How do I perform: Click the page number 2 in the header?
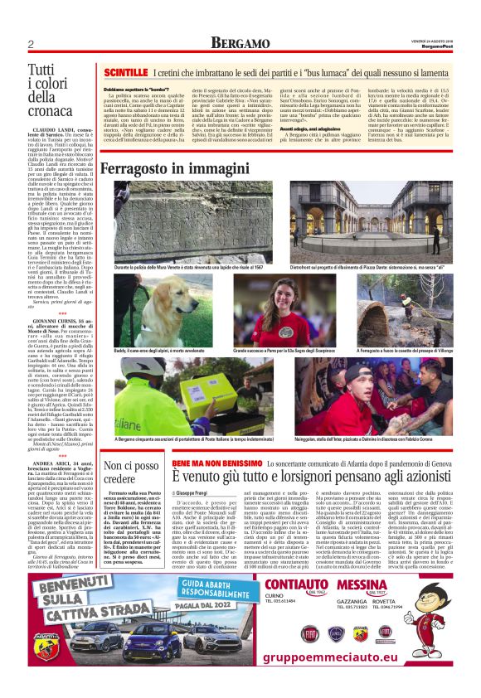31,44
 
